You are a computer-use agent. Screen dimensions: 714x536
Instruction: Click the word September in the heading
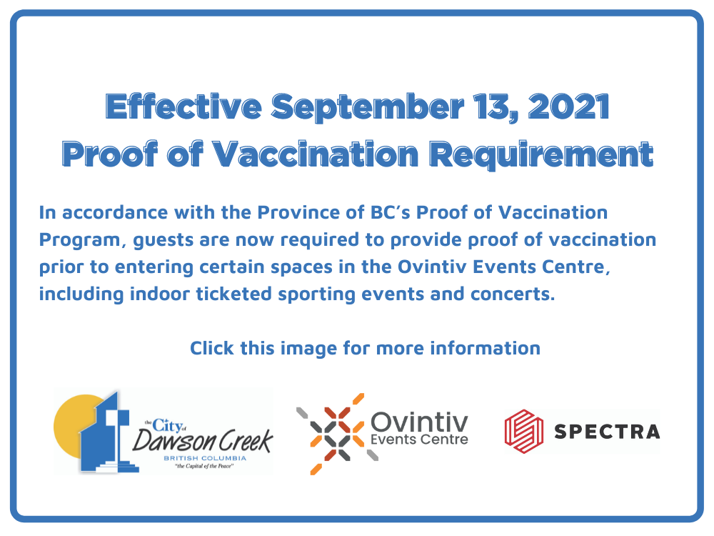[368, 108]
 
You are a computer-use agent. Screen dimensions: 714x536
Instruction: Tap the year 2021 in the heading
[569, 106]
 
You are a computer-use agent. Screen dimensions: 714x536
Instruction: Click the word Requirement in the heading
[541, 155]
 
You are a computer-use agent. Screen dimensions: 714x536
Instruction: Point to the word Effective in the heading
[183, 106]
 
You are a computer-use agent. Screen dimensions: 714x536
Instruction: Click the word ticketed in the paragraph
[234, 294]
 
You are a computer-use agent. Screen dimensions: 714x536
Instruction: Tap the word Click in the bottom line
[212, 348]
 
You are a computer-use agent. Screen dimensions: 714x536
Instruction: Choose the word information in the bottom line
[486, 348]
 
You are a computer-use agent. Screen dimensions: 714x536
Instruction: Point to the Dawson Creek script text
[203, 440]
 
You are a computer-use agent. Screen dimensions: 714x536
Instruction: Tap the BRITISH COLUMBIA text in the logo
[205, 458]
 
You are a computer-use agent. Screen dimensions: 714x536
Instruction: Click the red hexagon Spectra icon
[523, 431]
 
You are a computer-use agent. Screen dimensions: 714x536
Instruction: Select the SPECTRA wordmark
[606, 432]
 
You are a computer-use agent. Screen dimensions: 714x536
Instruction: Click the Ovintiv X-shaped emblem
[338, 434]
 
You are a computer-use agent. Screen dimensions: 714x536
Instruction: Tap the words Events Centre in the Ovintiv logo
[419, 440]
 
